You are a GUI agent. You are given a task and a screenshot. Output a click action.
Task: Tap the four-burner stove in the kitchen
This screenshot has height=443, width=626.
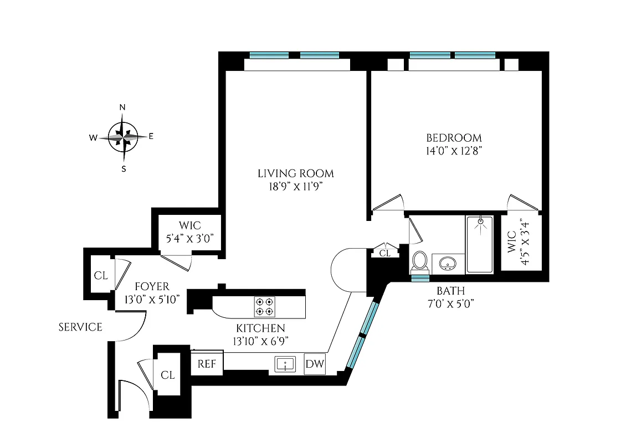coord(264,306)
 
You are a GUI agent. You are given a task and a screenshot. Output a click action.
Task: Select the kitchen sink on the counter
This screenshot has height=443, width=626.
coord(285,364)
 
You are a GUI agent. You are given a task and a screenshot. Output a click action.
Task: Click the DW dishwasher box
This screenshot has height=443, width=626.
coord(315,364)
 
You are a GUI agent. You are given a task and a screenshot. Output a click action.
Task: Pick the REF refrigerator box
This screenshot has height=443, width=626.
coord(207,364)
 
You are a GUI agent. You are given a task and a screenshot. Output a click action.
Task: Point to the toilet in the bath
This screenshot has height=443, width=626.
coord(420,261)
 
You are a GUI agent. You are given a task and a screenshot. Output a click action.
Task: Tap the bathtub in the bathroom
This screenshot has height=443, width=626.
coord(479,244)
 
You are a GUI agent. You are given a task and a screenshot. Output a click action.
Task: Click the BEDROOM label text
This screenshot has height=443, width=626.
coord(454,138)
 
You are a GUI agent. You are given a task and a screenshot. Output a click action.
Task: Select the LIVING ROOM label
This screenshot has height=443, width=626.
coord(296,173)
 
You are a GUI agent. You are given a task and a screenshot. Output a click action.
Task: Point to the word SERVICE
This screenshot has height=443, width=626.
coord(80,327)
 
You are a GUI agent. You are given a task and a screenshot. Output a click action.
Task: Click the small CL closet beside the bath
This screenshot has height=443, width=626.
coord(385,253)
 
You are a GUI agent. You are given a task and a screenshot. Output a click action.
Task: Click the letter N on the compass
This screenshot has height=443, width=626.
coord(123,107)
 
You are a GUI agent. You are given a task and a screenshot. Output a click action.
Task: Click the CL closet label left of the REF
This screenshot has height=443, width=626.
coord(168,375)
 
